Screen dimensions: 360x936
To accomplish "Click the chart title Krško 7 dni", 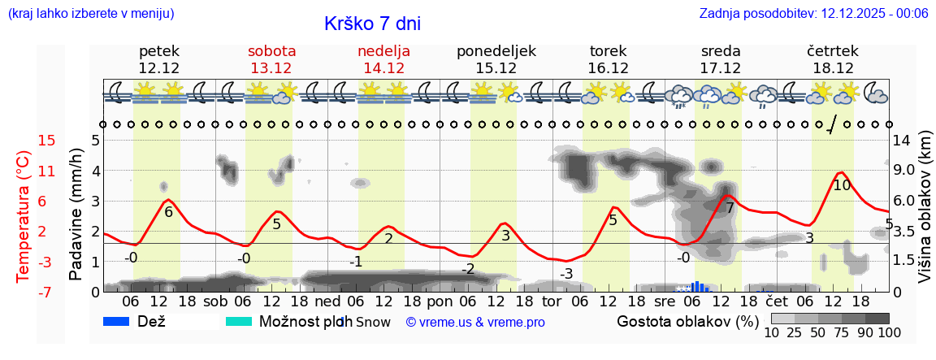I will [x=372, y=24].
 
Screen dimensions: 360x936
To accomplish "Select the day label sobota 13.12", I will [x=271, y=59].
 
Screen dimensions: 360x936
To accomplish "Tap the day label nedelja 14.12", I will [x=383, y=59].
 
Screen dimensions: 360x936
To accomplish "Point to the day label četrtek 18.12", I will [x=833, y=59].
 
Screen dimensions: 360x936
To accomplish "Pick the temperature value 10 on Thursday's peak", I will [x=842, y=185].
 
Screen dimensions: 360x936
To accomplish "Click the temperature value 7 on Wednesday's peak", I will [x=730, y=208].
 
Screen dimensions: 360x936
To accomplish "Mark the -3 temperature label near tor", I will [x=566, y=274].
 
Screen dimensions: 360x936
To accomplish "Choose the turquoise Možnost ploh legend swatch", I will [x=240, y=322].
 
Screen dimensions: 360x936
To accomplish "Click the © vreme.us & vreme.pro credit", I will [x=475, y=323].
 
